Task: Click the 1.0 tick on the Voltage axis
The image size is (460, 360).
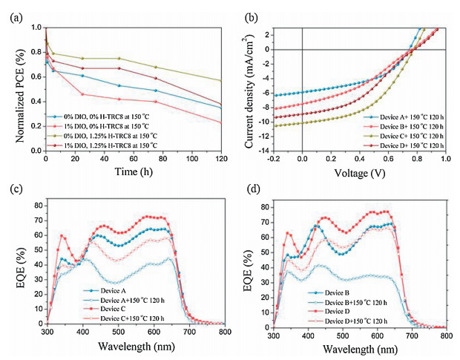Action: coord(444,159)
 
